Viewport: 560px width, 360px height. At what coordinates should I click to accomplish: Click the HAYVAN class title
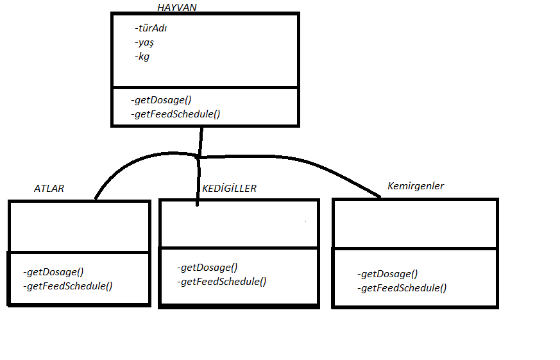(177, 7)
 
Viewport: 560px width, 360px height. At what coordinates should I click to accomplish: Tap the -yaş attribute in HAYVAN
(144, 42)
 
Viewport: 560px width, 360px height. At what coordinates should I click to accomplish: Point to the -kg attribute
(142, 56)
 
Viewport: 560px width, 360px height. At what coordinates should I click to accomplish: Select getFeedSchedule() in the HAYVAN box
(174, 114)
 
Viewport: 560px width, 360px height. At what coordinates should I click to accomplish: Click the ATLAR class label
(49, 189)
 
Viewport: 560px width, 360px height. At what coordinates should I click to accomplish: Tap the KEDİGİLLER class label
(229, 188)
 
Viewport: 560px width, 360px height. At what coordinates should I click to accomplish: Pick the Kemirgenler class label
(416, 186)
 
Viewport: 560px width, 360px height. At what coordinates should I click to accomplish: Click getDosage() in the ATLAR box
(53, 271)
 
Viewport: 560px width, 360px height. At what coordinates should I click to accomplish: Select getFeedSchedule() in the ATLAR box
(67, 286)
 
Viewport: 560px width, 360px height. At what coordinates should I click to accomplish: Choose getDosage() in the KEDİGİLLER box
(207, 267)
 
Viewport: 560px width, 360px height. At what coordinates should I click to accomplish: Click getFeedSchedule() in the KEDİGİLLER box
(221, 281)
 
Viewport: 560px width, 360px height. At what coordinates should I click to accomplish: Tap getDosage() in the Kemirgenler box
(387, 273)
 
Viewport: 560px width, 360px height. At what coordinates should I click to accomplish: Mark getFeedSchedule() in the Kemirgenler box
(402, 288)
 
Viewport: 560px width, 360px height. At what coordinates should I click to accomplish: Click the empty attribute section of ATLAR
(79, 226)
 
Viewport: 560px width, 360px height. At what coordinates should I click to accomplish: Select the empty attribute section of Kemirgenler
(414, 223)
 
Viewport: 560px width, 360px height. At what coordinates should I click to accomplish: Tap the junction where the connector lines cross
(199, 156)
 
